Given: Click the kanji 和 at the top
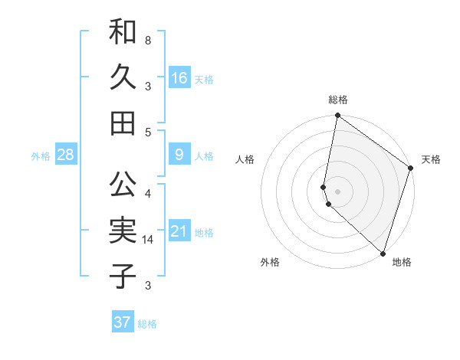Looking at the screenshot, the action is [123, 32].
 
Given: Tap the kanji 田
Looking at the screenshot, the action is [123, 122].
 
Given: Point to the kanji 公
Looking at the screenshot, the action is [123, 184].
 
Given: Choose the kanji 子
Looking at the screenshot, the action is [123, 275].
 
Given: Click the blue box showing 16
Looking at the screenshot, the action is [179, 78].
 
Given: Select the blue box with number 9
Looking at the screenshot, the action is [179, 155].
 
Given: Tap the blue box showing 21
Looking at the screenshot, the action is [179, 232].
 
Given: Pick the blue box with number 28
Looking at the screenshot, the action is [66, 155].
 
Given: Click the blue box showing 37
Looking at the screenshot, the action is [123, 322].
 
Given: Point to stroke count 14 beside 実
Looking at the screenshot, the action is [149, 240].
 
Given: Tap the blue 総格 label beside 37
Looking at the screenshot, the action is [147, 324].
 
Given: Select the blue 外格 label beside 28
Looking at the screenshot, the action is [41, 156].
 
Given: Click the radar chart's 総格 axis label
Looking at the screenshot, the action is [338, 100].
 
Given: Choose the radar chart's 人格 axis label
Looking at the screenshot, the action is [245, 159].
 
